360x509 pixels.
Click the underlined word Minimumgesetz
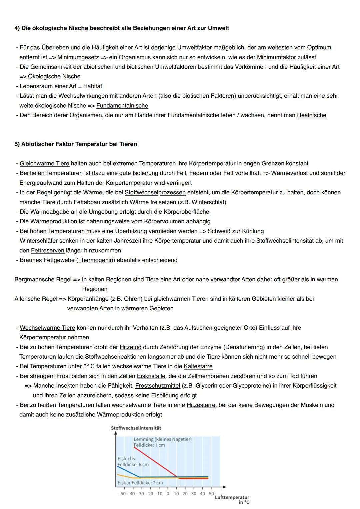pyautogui.click(x=78, y=57)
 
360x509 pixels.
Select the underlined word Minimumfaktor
pyautogui.click(x=276, y=57)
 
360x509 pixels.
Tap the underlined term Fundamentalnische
pyautogui.click(x=122, y=106)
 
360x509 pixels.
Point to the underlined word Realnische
pyautogui.click(x=312, y=115)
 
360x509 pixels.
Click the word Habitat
pyautogui.click(x=93, y=86)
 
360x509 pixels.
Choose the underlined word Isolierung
pyautogui.click(x=145, y=173)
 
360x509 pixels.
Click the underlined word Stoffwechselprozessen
pyautogui.click(x=155, y=193)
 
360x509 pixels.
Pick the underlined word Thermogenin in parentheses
pyautogui.click(x=96, y=260)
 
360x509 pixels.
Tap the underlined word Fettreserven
pyautogui.click(x=48, y=251)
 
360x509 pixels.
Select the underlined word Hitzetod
pyautogui.click(x=130, y=347)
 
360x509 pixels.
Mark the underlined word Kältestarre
pyautogui.click(x=198, y=367)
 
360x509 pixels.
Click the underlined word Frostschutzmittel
pyautogui.click(x=158, y=386)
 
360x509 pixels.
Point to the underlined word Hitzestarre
pyautogui.click(x=201, y=405)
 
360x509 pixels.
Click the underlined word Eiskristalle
pyautogui.click(x=151, y=376)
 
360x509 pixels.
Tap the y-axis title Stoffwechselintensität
pyautogui.click(x=136, y=428)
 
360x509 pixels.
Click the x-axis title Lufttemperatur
pyautogui.click(x=232, y=497)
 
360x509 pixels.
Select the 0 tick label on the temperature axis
pyautogui.click(x=168, y=494)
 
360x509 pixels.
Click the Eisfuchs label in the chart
pyautogui.click(x=126, y=459)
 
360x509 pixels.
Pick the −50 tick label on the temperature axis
pyautogui.click(x=122, y=494)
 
